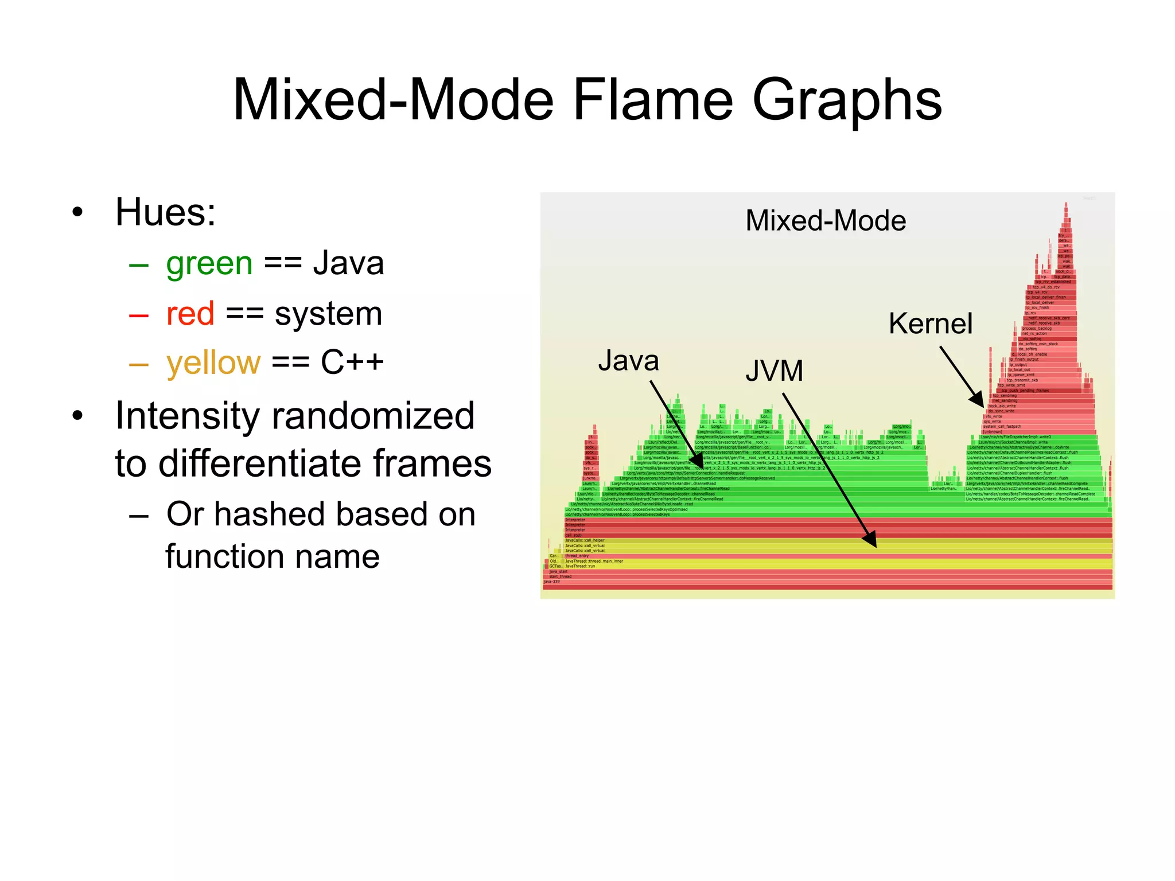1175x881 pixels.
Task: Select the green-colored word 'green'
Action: click(209, 264)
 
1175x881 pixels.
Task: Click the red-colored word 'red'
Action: click(190, 314)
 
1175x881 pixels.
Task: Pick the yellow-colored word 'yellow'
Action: click(213, 363)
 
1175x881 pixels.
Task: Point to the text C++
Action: click(352, 362)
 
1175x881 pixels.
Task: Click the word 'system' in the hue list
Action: click(328, 314)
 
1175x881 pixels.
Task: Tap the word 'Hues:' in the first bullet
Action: click(165, 212)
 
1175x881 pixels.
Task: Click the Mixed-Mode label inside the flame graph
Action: click(825, 221)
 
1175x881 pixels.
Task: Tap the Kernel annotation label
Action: click(930, 323)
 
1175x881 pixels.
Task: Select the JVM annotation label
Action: click(774, 371)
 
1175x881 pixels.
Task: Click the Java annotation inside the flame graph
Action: click(628, 361)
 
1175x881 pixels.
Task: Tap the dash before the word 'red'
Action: click(139, 315)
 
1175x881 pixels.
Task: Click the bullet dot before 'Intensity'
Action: click(78, 416)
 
